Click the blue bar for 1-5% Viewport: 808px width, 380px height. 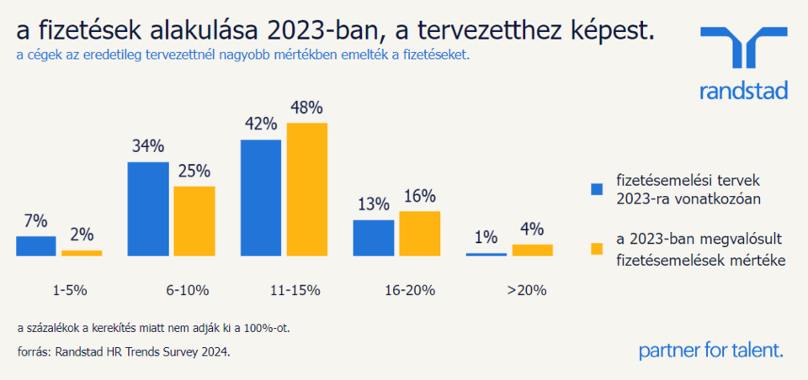(x=35, y=245)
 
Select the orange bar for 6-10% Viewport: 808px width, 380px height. (x=194, y=220)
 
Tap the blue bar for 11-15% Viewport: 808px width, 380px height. (x=261, y=197)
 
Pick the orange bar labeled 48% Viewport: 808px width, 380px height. (x=307, y=188)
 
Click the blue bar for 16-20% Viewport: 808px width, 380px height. (x=374, y=237)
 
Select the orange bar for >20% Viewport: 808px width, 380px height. (x=532, y=250)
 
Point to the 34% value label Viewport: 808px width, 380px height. (x=147, y=145)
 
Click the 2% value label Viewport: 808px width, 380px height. (x=82, y=235)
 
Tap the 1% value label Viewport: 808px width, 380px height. (x=486, y=237)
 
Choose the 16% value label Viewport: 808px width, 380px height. (x=419, y=196)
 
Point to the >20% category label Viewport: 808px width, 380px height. (x=527, y=291)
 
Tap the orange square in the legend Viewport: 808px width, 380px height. (x=598, y=249)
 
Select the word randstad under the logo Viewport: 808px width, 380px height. (x=744, y=91)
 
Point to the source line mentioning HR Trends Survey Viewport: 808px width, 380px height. (x=123, y=352)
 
